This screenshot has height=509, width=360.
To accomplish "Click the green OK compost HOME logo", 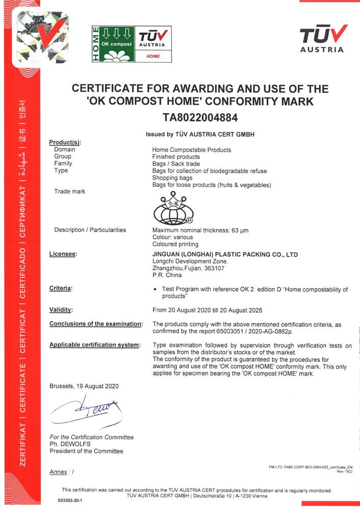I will click(113, 44).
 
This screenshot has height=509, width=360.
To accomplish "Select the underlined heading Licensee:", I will click(63, 254).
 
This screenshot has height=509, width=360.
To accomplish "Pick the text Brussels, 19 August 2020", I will click(84, 386).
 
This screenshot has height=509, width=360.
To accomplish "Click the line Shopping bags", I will click(172, 178).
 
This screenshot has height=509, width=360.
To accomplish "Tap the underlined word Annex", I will click(58, 472).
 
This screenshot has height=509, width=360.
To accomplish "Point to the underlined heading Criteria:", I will click(61, 289).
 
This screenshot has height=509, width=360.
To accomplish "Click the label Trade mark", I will click(70, 191).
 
